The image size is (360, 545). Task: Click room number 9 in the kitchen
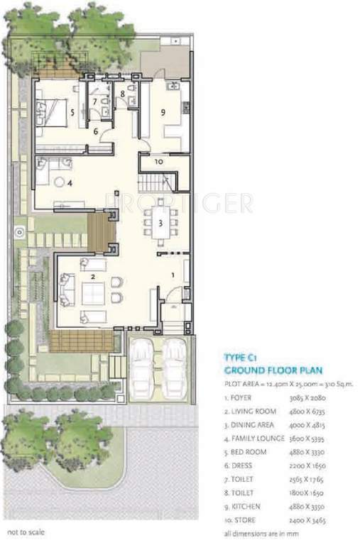(x=163, y=111)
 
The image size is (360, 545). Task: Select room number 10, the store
(x=158, y=163)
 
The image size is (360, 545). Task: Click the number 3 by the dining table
(x=161, y=223)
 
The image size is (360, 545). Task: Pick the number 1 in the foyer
(x=172, y=275)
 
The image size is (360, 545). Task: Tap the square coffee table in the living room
(x=90, y=292)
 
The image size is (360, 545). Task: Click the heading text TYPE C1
(x=244, y=358)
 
